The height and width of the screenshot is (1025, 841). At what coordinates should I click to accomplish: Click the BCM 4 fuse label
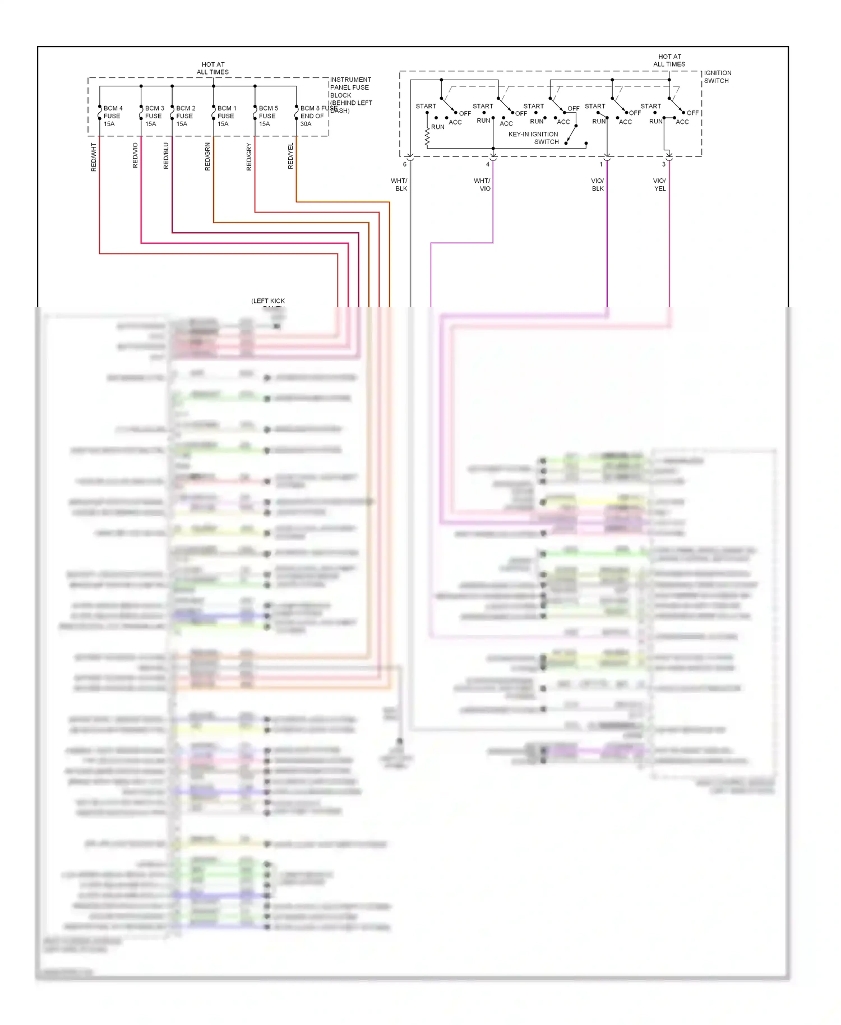click(x=113, y=116)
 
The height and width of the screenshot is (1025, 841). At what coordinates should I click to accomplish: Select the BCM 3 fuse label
click(x=154, y=116)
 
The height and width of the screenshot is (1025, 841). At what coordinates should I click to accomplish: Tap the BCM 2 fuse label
click(x=185, y=116)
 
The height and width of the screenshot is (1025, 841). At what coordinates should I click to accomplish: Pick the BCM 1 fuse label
click(x=227, y=116)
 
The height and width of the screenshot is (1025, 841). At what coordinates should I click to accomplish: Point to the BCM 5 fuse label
click(x=268, y=116)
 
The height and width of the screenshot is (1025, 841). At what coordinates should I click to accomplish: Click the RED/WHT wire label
click(x=94, y=157)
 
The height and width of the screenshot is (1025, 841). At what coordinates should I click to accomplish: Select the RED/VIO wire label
click(x=135, y=155)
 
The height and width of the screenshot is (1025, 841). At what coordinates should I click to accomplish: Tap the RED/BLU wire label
click(x=166, y=155)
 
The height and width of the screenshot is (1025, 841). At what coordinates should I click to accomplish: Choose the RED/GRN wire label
click(x=207, y=156)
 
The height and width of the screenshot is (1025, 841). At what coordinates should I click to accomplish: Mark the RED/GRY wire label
click(x=249, y=156)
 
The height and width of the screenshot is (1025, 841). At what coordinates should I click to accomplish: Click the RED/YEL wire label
click(x=290, y=156)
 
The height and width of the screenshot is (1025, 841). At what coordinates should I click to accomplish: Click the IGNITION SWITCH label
click(x=717, y=77)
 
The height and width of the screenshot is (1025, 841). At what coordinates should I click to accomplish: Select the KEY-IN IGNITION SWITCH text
click(x=533, y=138)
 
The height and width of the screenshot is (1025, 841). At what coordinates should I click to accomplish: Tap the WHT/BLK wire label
click(x=400, y=184)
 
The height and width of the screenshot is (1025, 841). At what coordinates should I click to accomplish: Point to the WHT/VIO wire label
click(x=483, y=184)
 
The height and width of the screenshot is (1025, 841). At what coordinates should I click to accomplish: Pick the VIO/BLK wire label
click(x=598, y=184)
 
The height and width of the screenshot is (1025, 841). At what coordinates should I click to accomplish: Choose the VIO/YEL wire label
click(x=660, y=184)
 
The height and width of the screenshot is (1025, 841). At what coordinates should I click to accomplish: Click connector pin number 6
click(x=404, y=164)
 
